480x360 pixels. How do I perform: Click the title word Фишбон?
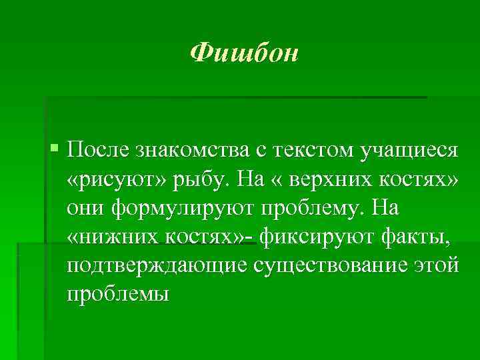tap(243, 53)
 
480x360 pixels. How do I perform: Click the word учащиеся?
tap(410, 151)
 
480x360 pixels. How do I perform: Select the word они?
tap(86, 209)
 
